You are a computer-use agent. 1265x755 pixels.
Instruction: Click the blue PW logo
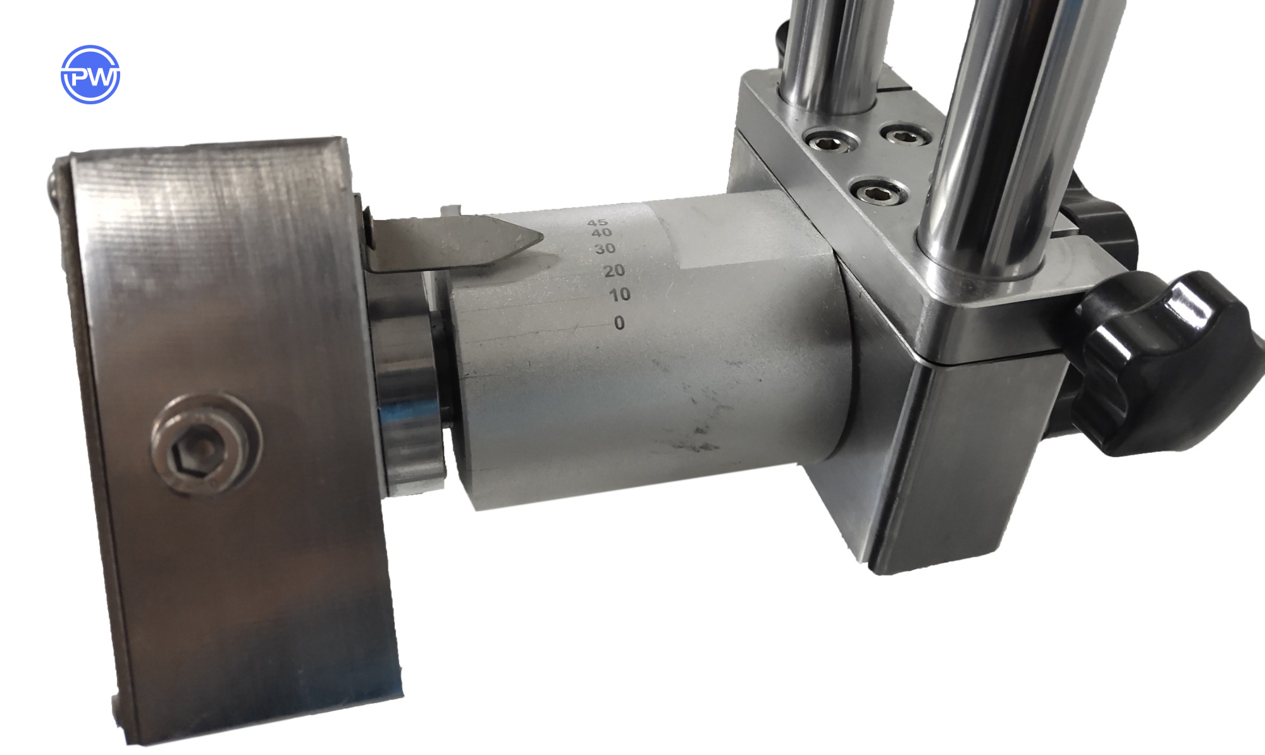pyautogui.click(x=90, y=75)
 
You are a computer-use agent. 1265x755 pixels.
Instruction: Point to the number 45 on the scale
pyautogui.click(x=597, y=223)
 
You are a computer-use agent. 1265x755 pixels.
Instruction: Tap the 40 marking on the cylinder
pyautogui.click(x=601, y=233)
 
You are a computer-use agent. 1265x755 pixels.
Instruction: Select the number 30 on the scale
pyautogui.click(x=605, y=249)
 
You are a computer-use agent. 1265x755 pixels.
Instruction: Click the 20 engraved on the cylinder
pyautogui.click(x=614, y=271)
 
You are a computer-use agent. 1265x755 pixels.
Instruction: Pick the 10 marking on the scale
pyautogui.click(x=620, y=294)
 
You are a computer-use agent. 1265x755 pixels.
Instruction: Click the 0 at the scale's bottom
pyautogui.click(x=619, y=322)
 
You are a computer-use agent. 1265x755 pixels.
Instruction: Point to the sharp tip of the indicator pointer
pyautogui.click(x=543, y=238)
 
